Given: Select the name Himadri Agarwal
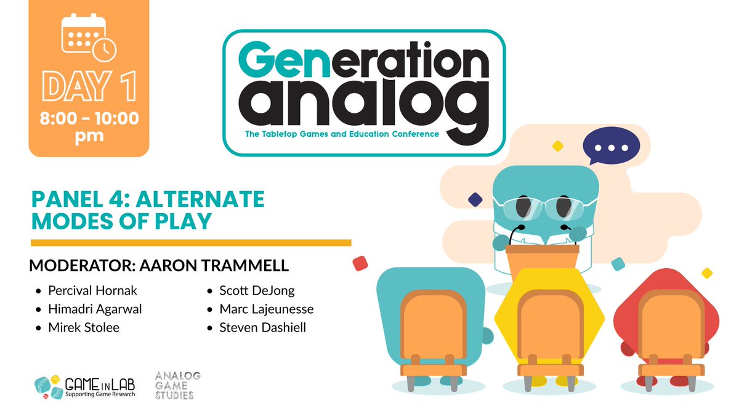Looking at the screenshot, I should point(95,309).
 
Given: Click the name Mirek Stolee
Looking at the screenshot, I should point(84,327).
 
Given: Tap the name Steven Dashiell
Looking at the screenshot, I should point(262,327).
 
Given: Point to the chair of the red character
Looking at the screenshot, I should point(669,333).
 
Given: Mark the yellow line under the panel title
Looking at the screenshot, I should point(191,243).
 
